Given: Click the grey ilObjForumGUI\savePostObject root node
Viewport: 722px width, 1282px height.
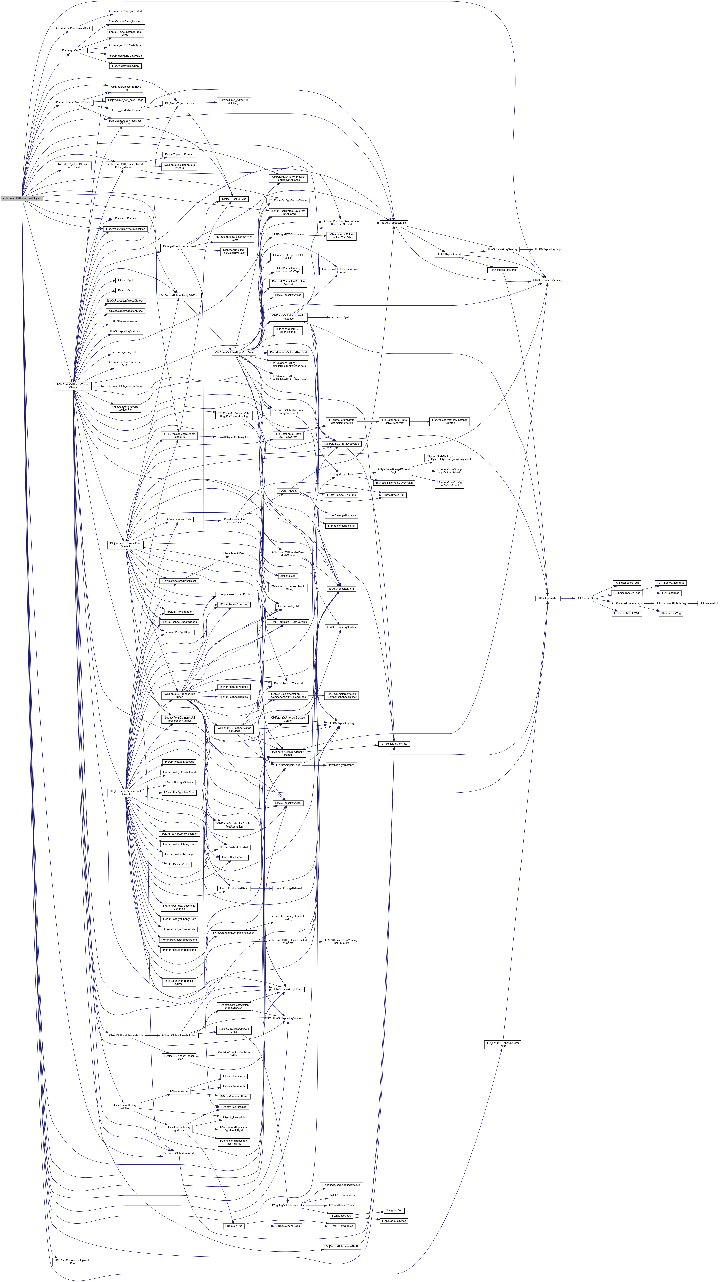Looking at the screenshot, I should click(x=21, y=198).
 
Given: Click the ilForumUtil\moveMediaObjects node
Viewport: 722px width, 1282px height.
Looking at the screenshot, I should click(x=73, y=103).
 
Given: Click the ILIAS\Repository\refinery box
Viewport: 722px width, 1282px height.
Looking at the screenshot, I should click(x=548, y=280).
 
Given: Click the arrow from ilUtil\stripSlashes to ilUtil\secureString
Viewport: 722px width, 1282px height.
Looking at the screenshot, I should click(x=567, y=598).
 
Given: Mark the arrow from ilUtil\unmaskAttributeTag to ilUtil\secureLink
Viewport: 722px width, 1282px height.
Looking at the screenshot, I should click(x=692, y=603).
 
